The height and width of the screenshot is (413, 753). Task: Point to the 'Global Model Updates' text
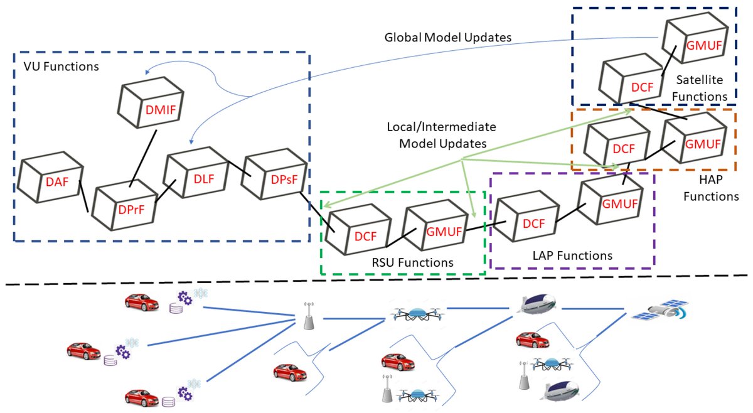click(448, 37)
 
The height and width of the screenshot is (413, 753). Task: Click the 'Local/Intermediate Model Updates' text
click(442, 135)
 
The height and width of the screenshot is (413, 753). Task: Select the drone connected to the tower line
click(416, 313)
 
